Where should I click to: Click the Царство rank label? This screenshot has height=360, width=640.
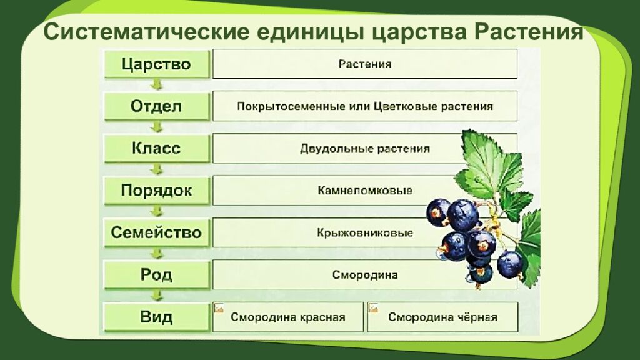pyautogui.click(x=156, y=64)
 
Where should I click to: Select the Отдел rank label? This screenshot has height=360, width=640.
pyautogui.click(x=156, y=106)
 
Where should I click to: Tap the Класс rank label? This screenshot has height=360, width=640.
pyautogui.click(x=156, y=148)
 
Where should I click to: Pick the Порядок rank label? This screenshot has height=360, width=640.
pyautogui.click(x=156, y=191)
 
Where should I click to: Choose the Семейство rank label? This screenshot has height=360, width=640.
pyautogui.click(x=156, y=233)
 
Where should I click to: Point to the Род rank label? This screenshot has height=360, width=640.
pyautogui.click(x=156, y=275)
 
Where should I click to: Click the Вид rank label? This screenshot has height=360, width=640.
pyautogui.click(x=156, y=317)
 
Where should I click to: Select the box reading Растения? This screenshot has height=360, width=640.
pyautogui.click(x=365, y=64)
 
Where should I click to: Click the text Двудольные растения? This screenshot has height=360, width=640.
pyautogui.click(x=365, y=149)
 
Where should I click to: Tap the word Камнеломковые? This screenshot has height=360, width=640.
pyautogui.click(x=365, y=191)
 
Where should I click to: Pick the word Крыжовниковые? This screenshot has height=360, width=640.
pyautogui.click(x=365, y=233)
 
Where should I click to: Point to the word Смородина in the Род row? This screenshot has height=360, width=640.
pyautogui.click(x=365, y=275)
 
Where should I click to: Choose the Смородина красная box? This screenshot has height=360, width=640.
pyautogui.click(x=288, y=317)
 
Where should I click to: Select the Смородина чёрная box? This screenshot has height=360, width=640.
pyautogui.click(x=442, y=317)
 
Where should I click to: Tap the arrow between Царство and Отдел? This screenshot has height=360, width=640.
pyautogui.click(x=157, y=85)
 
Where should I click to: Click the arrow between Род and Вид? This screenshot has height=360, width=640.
pyautogui.click(x=157, y=296)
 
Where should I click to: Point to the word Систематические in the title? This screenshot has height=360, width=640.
pyautogui.click(x=138, y=32)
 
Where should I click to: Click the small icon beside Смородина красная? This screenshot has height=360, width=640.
pyautogui.click(x=219, y=308)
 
